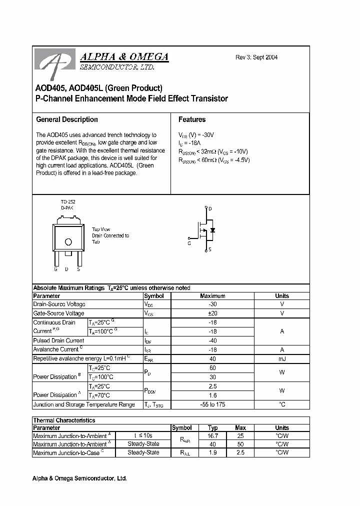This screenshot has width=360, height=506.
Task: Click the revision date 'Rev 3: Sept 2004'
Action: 256,57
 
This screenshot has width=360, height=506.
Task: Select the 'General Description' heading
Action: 67,119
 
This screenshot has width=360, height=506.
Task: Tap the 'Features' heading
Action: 192,119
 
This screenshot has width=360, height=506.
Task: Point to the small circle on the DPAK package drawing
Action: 68,242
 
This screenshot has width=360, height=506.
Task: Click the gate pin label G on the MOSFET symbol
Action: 189,243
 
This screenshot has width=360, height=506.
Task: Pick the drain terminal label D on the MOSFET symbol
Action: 210,208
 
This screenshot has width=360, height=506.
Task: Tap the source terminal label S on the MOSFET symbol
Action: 210,249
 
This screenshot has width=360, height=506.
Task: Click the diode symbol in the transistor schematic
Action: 212,230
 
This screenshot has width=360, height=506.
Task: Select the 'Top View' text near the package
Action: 101,229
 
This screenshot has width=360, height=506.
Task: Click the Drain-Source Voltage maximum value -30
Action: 212,304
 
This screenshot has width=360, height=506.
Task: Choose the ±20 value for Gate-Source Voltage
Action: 212,313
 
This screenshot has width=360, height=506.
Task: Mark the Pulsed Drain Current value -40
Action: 212,340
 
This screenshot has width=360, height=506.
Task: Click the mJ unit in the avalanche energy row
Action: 282,358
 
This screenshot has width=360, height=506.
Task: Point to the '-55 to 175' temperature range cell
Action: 212,404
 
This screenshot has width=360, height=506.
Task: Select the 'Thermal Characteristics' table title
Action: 64,420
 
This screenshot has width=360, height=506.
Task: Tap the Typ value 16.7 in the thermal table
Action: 212,435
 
